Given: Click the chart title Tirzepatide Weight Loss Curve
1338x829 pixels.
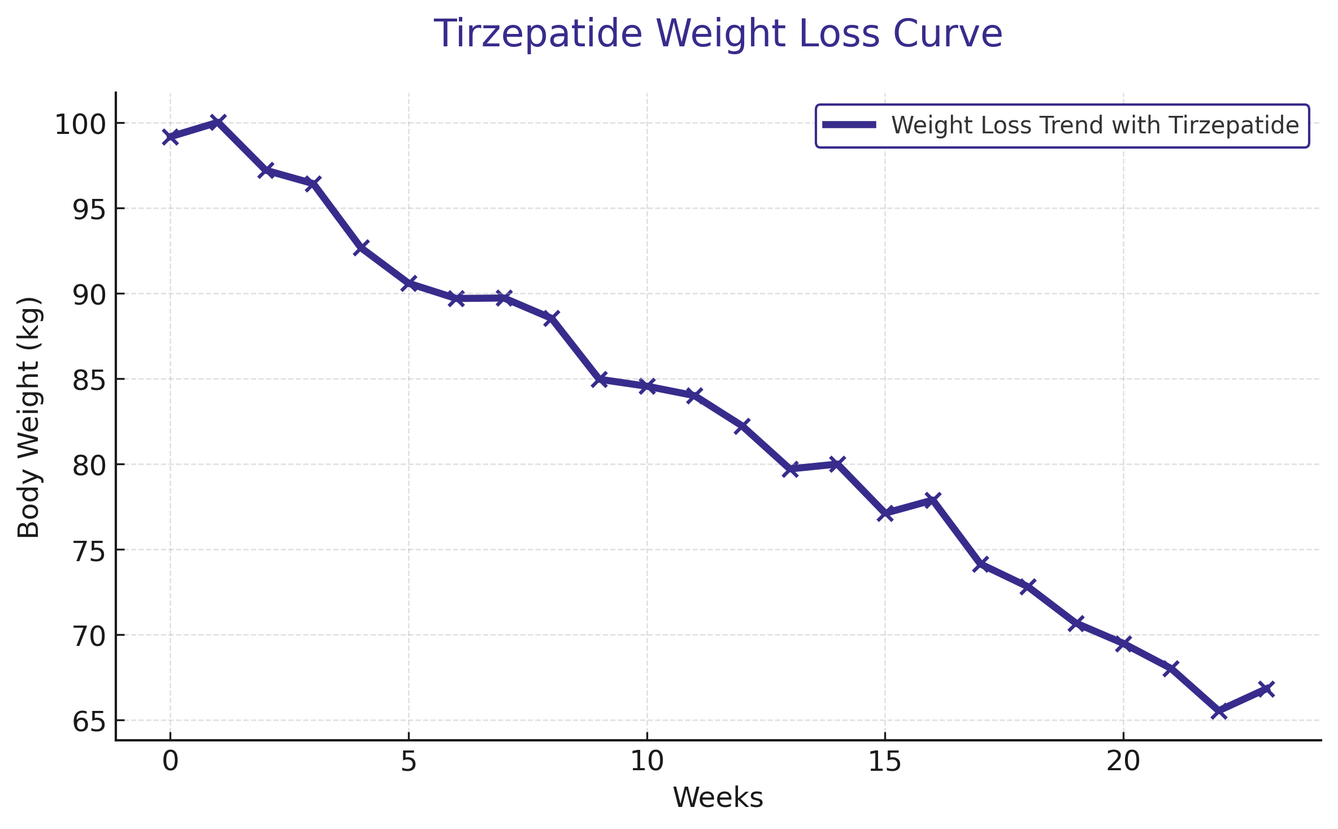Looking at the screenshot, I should (x=718, y=34).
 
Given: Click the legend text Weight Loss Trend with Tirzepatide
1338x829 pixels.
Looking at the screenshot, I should (x=1095, y=125).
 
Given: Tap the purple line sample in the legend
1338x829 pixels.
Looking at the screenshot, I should (x=849, y=125).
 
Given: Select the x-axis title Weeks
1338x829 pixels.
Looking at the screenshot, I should (x=718, y=798).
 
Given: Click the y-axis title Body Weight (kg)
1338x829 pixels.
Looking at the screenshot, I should (x=29, y=417).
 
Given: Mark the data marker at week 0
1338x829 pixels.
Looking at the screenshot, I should (x=170, y=137).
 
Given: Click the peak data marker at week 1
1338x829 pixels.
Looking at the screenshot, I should (x=218, y=121).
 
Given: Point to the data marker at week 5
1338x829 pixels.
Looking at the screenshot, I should (x=409, y=283).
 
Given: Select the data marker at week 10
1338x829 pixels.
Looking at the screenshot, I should (x=647, y=387).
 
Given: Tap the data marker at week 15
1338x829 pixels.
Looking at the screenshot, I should (x=885, y=513).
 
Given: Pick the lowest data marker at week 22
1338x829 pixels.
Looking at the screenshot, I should (x=1219, y=711).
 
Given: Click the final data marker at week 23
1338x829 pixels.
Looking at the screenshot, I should (x=1266, y=688).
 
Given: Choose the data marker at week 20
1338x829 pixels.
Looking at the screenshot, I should (x=1123, y=644).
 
